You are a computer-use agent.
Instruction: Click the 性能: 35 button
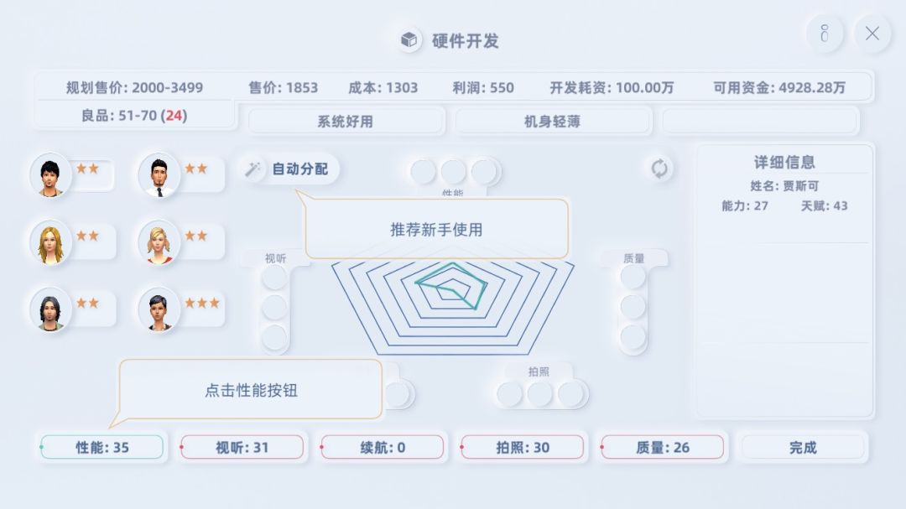[x=102, y=447]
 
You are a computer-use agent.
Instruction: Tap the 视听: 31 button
[x=242, y=447]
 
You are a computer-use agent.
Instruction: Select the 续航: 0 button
[x=382, y=447]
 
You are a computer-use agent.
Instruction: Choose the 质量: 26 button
[x=662, y=447]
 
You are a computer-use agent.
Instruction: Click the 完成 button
[x=803, y=447]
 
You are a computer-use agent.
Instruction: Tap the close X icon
[x=872, y=34]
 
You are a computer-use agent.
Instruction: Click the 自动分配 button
[x=289, y=169]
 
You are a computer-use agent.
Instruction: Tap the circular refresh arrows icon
[x=659, y=169]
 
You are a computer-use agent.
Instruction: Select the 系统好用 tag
[x=345, y=122]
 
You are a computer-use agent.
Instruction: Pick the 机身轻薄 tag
[x=552, y=122]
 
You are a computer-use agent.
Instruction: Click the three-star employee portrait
[x=159, y=309]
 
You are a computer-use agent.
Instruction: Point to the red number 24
[x=174, y=116]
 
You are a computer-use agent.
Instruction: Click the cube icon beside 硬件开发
[x=409, y=40]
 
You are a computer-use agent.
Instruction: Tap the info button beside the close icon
[x=825, y=34]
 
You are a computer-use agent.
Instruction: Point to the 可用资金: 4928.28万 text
[x=778, y=87]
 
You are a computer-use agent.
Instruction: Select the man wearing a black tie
[x=159, y=174]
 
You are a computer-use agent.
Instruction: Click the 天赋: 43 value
[x=824, y=205]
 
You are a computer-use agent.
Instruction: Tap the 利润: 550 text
[x=483, y=87]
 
